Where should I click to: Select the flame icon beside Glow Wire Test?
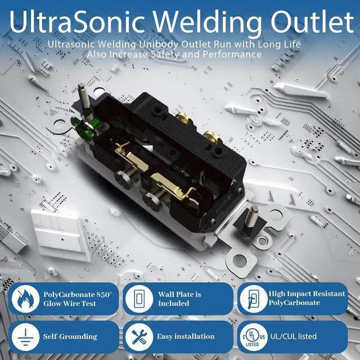point(24,299)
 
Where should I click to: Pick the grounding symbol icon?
point(24,336)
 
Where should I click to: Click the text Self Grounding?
point(70,336)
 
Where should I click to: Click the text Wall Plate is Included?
point(179,299)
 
